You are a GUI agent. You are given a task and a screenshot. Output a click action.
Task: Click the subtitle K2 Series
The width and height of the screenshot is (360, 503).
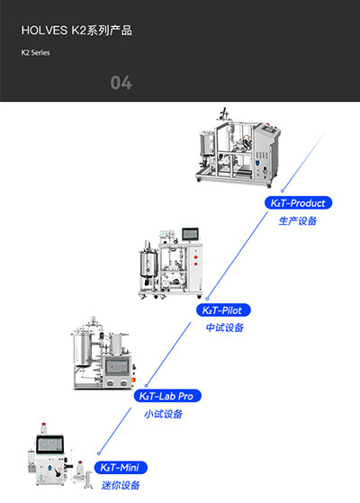36,53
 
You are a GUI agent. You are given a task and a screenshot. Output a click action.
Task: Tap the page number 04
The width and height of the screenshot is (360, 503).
121,84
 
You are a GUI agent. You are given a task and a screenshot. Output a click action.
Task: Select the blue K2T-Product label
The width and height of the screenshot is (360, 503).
298,203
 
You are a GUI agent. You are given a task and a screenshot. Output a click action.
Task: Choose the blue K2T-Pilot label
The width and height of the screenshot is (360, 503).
225,310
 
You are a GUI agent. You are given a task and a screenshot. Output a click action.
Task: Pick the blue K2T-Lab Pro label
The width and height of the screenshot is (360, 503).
167,396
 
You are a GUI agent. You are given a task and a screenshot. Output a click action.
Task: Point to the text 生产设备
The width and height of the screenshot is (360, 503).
298,220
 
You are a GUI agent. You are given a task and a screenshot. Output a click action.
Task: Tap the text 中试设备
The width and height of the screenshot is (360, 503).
225,328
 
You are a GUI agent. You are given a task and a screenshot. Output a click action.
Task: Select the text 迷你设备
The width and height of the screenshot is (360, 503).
120,486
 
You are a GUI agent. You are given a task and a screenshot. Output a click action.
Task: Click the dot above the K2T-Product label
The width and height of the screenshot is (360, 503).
283,191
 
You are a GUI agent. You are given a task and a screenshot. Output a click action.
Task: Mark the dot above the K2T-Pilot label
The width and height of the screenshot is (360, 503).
208,298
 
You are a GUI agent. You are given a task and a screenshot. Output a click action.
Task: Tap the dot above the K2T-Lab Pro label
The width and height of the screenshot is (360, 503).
148,383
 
